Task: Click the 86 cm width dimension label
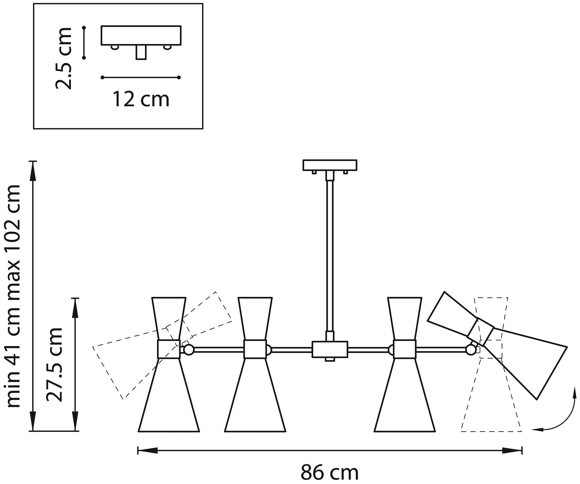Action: [x=329, y=472]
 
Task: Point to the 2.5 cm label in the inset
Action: [x=63, y=58]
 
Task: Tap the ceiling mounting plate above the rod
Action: [x=330, y=165]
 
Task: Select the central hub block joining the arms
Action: [x=330, y=349]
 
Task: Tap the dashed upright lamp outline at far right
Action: [x=491, y=412]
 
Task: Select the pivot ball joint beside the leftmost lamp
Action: [x=189, y=350]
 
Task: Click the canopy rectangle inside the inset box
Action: [x=141, y=35]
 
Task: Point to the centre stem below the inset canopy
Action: [x=141, y=52]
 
